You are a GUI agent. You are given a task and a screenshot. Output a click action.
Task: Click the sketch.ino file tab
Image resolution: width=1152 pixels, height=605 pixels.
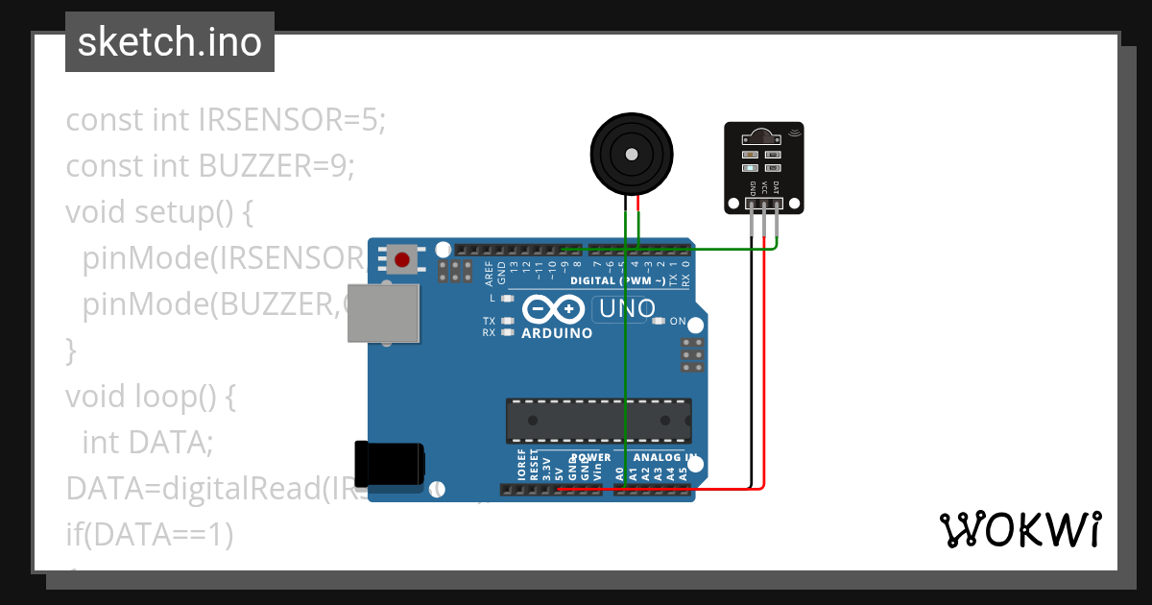[170, 42]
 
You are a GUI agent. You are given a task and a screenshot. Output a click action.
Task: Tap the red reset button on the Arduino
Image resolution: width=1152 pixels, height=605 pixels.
[402, 258]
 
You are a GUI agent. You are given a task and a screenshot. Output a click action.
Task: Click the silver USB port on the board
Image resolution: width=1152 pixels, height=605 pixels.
[383, 313]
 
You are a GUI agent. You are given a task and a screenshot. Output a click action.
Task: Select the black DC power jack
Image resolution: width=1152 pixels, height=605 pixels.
[388, 463]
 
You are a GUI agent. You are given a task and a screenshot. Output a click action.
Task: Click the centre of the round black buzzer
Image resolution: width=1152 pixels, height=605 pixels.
[631, 154]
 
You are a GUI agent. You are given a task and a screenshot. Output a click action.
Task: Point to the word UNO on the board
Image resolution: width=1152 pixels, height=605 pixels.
[626, 309]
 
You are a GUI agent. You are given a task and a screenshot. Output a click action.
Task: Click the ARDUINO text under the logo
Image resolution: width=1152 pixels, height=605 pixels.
[557, 333]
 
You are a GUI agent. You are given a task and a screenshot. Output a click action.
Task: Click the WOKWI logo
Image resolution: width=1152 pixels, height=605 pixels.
[1020, 529]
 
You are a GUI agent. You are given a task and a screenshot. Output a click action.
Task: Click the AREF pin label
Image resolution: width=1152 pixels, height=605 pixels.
[489, 274]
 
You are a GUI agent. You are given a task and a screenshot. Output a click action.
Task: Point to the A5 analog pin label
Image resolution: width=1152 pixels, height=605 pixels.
[683, 473]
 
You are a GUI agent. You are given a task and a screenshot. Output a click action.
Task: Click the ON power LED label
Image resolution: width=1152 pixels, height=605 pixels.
[678, 321]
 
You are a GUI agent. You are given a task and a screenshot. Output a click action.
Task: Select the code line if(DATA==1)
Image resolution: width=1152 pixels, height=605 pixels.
[150, 534]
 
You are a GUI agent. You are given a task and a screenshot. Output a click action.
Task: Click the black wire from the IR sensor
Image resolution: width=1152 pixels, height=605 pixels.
[751, 365]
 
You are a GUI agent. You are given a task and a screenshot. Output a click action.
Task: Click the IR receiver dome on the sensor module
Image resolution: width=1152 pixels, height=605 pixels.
[763, 133]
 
